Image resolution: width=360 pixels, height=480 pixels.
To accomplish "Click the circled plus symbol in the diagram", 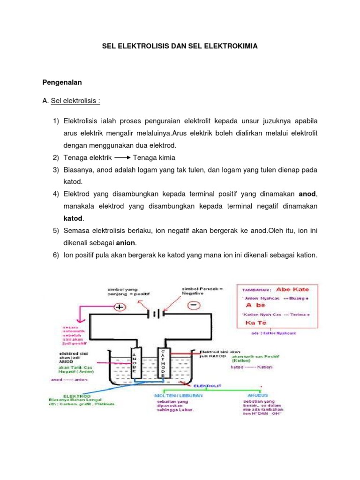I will coord(120,307).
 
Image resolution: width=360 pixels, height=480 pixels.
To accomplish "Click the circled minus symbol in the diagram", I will coord(194,306).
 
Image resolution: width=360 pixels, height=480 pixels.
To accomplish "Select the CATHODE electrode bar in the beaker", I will coord(163,363).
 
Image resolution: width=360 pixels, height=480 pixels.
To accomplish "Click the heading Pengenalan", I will coord(62,82).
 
